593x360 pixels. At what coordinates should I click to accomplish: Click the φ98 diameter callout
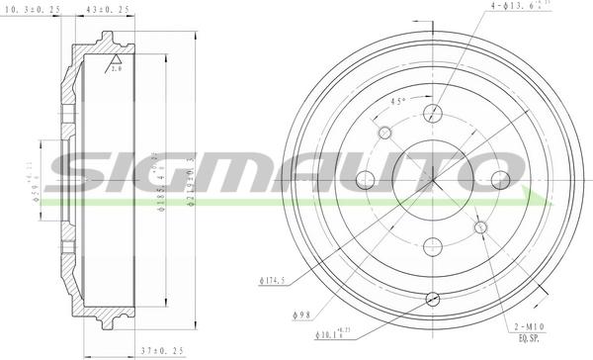[301, 315]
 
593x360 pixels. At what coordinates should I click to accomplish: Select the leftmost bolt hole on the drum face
[364, 179]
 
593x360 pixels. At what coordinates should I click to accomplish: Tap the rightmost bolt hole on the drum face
[499, 180]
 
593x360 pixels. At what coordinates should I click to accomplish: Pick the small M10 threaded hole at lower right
[481, 227]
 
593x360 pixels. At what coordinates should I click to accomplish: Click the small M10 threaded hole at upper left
[382, 132]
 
